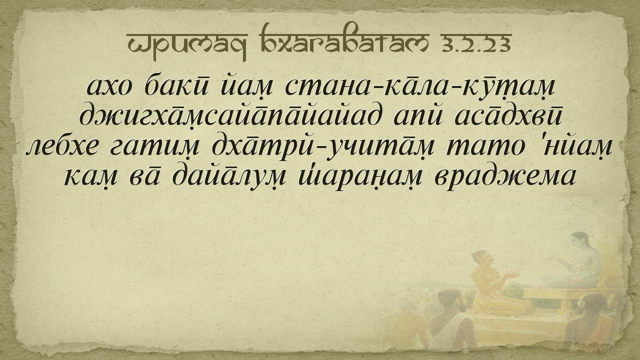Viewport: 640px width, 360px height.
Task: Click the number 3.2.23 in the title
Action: [476, 44]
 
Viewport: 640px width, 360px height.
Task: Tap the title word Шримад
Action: [187, 46]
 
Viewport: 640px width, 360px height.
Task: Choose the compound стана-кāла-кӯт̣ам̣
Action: [420, 86]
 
